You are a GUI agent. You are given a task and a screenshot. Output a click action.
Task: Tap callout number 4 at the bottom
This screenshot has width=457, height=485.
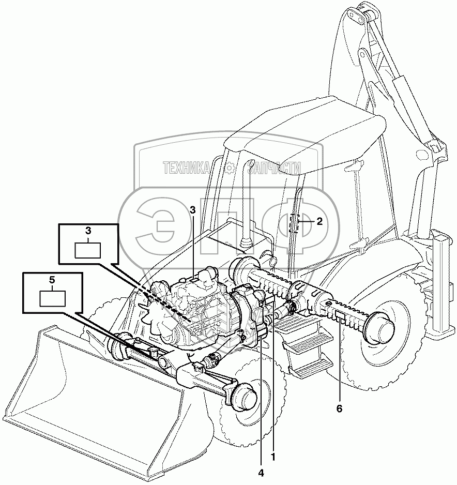(x=262, y=472)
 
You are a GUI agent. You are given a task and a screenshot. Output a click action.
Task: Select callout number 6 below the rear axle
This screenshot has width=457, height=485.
(x=339, y=408)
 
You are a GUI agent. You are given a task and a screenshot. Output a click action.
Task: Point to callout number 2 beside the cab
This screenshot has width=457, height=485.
(x=319, y=222)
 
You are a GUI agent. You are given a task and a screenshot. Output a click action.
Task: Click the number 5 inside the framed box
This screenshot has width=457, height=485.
(x=52, y=280)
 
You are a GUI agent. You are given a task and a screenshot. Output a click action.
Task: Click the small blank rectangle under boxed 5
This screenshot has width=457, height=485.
(x=52, y=298)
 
